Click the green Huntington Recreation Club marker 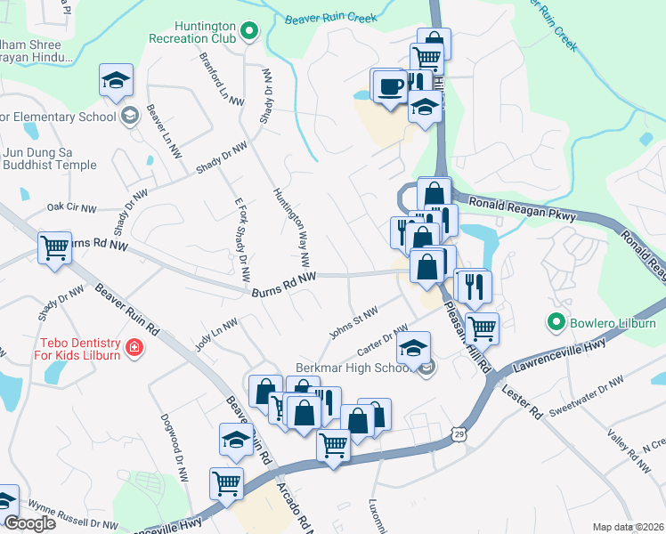[249, 33]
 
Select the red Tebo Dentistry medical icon [134, 346]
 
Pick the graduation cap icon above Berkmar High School [414, 349]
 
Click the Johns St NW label [353, 323]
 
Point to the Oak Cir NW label [71, 207]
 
